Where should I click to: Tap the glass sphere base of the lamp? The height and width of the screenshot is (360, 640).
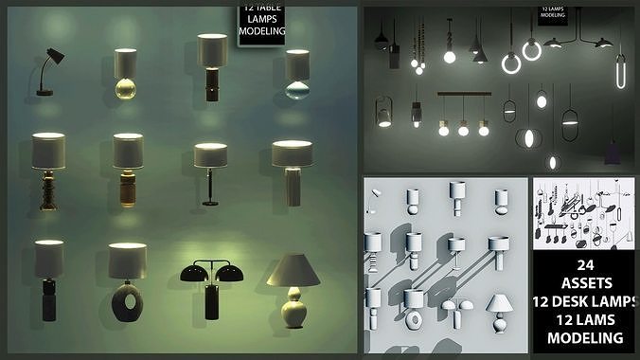126,89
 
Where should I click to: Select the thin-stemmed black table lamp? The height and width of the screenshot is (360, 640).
210,174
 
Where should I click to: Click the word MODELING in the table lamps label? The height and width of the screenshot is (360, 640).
261,31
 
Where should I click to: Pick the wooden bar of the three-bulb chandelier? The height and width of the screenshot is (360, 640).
464,94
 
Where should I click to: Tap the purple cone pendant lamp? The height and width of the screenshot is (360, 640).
613,151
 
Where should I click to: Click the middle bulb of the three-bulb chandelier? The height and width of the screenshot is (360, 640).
464,128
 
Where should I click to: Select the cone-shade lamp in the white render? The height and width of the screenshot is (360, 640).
499,308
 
